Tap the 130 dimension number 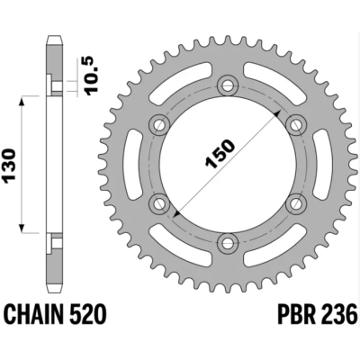(9, 165)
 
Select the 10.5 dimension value (91, 76)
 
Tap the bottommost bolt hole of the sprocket (229, 243)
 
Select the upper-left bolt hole (159, 125)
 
